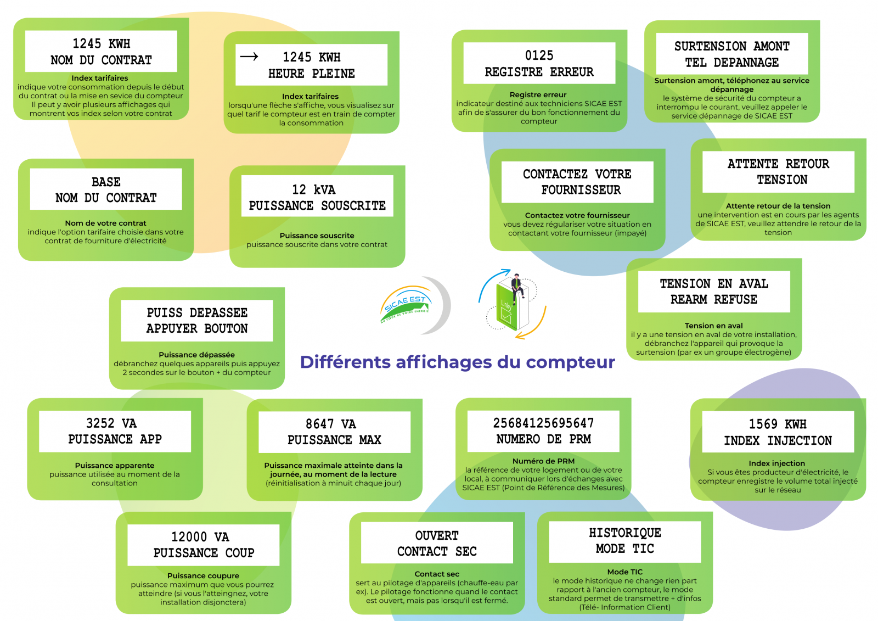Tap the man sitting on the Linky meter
point(517,285)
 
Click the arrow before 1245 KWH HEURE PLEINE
point(249,57)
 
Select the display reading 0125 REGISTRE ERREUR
point(539,63)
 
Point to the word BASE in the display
point(106,182)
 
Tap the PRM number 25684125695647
point(543,423)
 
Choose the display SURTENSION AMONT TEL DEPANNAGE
point(732,54)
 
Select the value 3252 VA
point(111,423)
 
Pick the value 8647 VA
point(331,424)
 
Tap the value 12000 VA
point(200,536)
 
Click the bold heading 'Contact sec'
point(437,574)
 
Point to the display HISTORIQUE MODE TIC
point(625,541)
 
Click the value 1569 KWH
point(778,424)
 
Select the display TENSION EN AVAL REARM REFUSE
point(714,292)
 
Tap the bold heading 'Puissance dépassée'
point(197,355)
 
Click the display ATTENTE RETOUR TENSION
point(778,172)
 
